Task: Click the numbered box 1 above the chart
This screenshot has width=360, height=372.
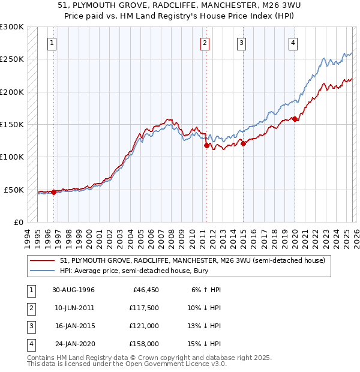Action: pos(53,43)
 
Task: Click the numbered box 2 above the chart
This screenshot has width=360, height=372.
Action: pos(205,43)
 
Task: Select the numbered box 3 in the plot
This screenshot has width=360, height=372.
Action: pos(241,43)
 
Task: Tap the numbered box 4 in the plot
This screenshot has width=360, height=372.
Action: pos(293,43)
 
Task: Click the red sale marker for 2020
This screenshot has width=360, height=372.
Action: pos(295,119)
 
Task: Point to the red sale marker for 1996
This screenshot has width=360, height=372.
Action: pos(54,192)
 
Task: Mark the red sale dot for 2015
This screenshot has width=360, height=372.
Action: pos(243,143)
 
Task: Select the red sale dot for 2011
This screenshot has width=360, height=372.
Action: pos(206,145)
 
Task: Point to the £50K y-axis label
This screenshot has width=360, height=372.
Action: pos(14,190)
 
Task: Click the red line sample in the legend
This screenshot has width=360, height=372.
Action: pos(43,261)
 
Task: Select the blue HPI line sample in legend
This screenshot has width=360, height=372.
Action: pos(43,271)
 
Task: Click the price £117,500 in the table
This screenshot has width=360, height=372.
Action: pos(143,308)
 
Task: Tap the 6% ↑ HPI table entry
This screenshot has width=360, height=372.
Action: pos(206,290)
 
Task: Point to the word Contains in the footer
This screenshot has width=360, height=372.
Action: pos(43,358)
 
